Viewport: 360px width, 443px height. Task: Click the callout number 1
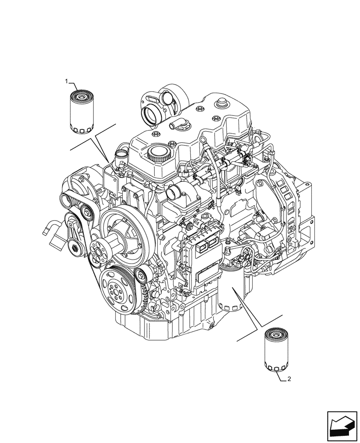click(x=67, y=82)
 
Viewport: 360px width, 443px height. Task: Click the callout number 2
click(x=289, y=379)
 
